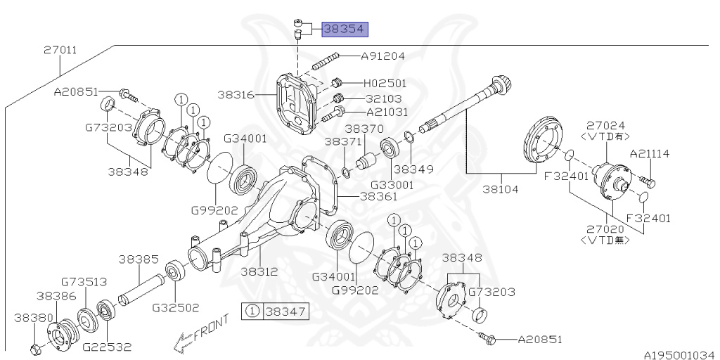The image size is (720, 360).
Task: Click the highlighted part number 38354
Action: [345, 30]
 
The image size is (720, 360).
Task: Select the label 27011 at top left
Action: [60, 51]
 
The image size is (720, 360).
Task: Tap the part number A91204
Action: [383, 56]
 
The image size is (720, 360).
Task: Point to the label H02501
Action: [385, 83]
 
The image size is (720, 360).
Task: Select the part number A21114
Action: [650, 153]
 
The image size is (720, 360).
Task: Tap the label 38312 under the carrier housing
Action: [259, 271]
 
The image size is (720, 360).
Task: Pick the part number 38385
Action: [139, 259]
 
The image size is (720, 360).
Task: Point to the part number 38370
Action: [364, 129]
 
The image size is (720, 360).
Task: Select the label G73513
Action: [84, 282]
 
